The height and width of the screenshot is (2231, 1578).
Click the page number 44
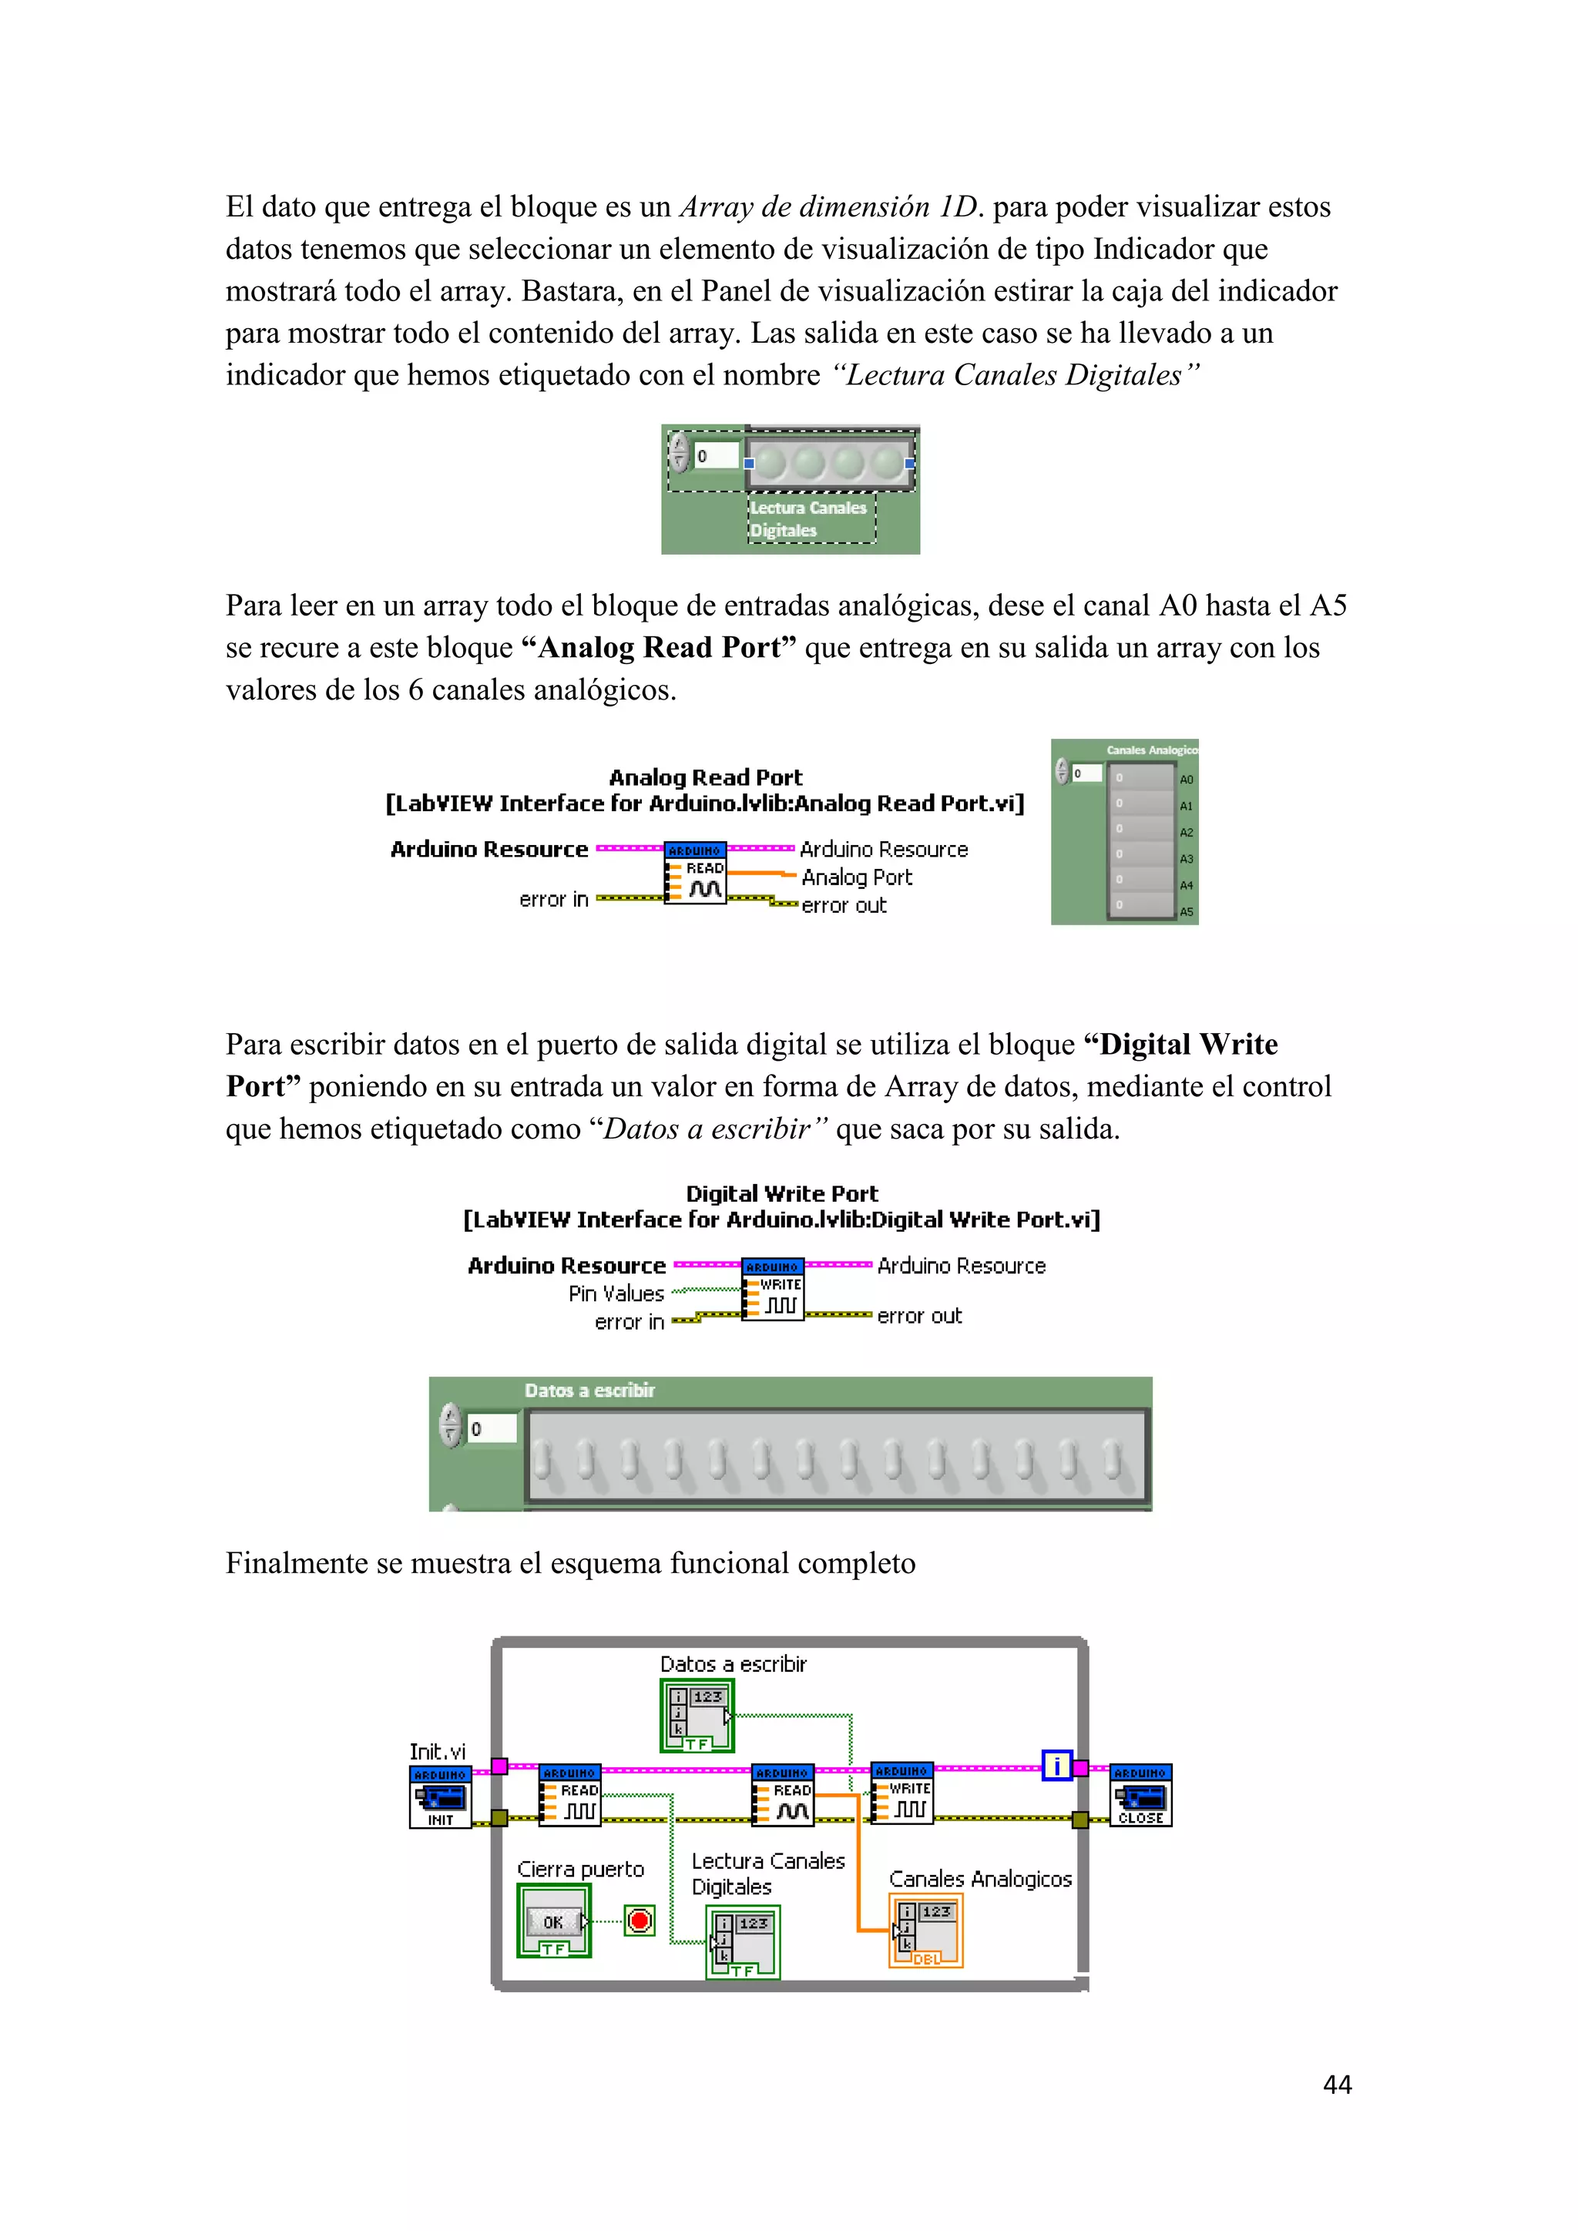(x=1337, y=2085)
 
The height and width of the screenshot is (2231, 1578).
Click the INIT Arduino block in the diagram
(x=440, y=1797)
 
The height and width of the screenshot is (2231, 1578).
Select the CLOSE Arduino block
(x=1141, y=1796)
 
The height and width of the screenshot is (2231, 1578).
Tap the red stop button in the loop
(x=640, y=1921)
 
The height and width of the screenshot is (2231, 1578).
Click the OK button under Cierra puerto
(x=554, y=1921)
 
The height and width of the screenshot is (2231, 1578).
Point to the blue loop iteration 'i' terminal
(x=1056, y=1766)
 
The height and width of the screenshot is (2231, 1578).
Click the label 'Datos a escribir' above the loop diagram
(x=733, y=1665)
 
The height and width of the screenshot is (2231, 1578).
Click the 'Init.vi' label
(x=437, y=1752)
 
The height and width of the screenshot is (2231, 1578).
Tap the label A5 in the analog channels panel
(x=1186, y=911)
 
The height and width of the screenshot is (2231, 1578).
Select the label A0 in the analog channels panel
(x=1186, y=780)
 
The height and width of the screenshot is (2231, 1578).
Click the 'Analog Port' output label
(x=856, y=877)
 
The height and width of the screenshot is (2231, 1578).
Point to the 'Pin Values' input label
(x=616, y=1294)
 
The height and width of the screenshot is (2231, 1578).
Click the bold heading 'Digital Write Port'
(x=781, y=1193)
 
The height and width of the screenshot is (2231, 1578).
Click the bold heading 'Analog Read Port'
(x=706, y=777)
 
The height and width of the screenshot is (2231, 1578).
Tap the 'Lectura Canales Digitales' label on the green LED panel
(x=807, y=519)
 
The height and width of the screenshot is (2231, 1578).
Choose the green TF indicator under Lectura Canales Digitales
(x=742, y=1941)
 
